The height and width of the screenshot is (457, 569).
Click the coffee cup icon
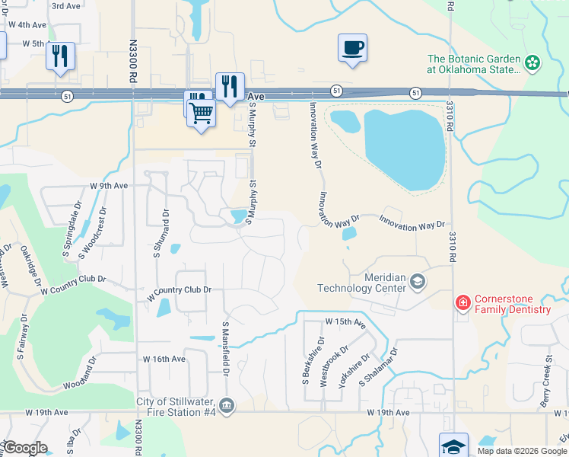click(352, 48)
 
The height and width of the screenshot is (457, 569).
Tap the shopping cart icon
click(202, 113)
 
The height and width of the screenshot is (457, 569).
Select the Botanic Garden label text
click(474, 64)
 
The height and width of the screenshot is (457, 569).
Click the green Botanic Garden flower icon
click(532, 62)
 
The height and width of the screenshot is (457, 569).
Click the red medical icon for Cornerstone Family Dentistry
click(462, 303)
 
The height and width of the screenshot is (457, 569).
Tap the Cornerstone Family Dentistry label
click(512, 304)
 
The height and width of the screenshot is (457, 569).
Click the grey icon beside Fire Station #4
click(227, 404)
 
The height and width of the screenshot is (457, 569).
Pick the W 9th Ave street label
click(109, 185)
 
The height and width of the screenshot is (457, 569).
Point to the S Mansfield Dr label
click(226, 347)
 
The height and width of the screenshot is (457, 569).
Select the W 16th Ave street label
click(164, 358)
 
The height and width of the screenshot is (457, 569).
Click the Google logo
click(24, 448)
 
